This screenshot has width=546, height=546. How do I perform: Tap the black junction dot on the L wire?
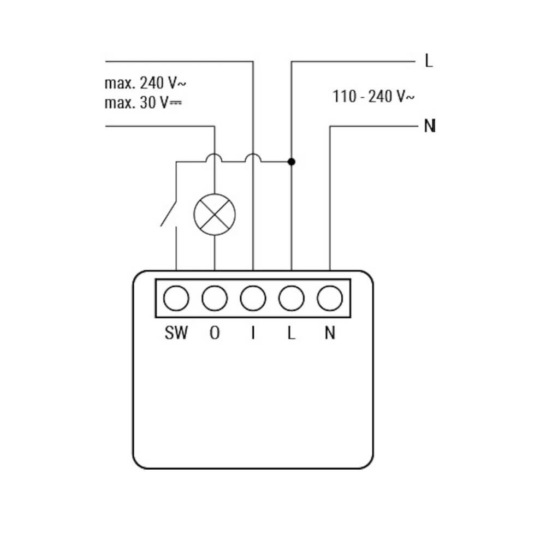pyautogui.click(x=292, y=162)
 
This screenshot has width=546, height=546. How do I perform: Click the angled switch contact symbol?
pyautogui.click(x=169, y=213)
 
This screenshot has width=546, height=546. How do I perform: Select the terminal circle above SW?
pyautogui.click(x=176, y=298)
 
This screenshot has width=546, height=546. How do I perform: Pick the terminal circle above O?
pyautogui.click(x=215, y=298)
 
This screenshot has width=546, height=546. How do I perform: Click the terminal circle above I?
pyautogui.click(x=253, y=298)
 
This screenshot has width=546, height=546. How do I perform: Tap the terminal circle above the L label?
pyautogui.click(x=292, y=298)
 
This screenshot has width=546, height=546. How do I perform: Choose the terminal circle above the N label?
pyautogui.click(x=330, y=298)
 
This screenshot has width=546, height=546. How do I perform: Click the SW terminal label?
pyautogui.click(x=176, y=333)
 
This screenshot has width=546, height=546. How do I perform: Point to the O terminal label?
pyautogui.click(x=215, y=333)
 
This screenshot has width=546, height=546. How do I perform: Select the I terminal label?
pyautogui.click(x=253, y=333)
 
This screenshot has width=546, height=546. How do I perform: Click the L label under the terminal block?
pyautogui.click(x=292, y=333)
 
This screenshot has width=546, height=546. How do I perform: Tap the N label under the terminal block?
pyautogui.click(x=330, y=333)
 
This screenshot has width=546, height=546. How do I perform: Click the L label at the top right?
pyautogui.click(x=429, y=61)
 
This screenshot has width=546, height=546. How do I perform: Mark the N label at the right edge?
pyautogui.click(x=430, y=127)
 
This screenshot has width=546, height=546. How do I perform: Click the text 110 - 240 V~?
pyautogui.click(x=373, y=97)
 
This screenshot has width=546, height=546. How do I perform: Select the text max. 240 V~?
pyautogui.click(x=145, y=84)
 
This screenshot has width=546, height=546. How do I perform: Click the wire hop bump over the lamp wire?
pyautogui.click(x=215, y=158)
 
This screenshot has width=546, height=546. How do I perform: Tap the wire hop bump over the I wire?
pyautogui.click(x=253, y=158)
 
